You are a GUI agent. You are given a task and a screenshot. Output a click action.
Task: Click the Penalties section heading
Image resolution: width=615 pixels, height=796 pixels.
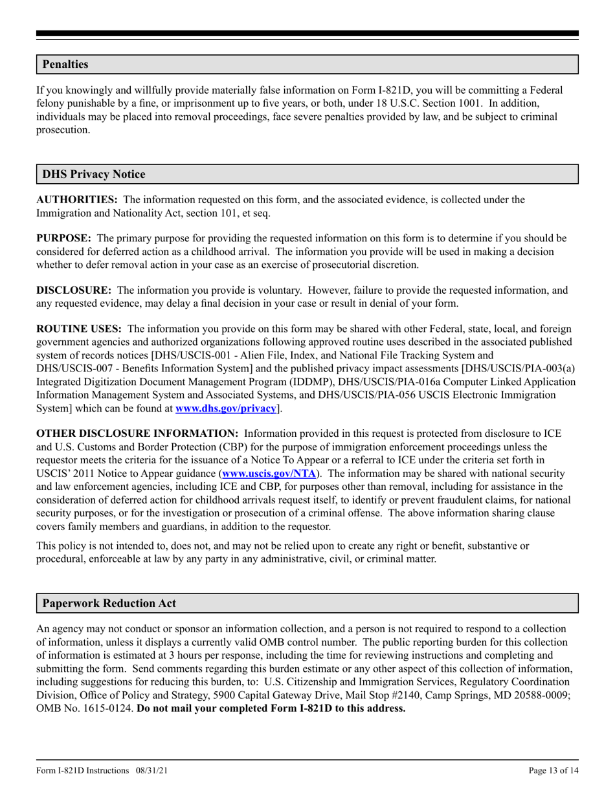point(65,65)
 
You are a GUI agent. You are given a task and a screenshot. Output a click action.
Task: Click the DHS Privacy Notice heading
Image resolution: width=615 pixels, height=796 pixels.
point(94,175)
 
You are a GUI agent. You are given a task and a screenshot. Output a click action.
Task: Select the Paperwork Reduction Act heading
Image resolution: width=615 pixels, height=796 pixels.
point(109,603)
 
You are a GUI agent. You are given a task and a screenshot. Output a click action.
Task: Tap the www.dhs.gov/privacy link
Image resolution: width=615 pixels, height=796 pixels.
point(226,408)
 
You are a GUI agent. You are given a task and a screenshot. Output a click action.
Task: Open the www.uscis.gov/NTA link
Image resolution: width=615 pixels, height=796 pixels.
point(269,473)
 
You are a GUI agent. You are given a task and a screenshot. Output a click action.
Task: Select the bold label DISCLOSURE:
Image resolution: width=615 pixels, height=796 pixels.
point(73,291)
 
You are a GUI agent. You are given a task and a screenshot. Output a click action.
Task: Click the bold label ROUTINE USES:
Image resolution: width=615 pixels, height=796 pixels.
point(78,329)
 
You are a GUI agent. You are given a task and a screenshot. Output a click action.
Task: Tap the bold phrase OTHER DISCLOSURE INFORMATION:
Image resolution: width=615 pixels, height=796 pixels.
point(137,434)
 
